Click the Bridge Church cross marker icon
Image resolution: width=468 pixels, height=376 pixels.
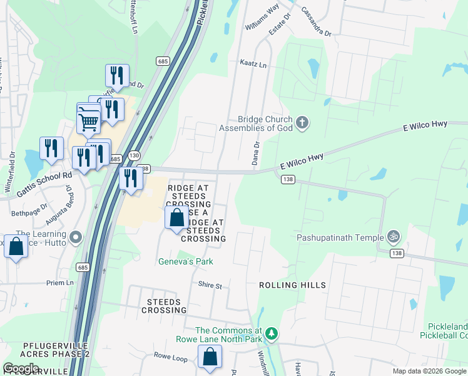(x=302, y=123)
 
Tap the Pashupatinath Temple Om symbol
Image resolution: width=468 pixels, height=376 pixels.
(x=394, y=238)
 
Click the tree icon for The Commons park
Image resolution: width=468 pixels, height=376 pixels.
(x=271, y=332)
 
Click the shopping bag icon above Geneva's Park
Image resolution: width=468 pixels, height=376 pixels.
(x=176, y=218)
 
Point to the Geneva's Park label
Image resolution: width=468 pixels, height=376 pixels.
(x=185, y=261)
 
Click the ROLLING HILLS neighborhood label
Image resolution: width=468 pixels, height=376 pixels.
(x=293, y=285)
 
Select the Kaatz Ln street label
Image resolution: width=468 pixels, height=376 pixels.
(x=253, y=64)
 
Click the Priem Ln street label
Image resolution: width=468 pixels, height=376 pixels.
(x=60, y=283)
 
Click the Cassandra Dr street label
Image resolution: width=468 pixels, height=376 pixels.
(x=315, y=21)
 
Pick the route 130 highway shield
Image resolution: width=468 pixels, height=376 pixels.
(x=134, y=155)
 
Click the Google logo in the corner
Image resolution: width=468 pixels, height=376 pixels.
(x=21, y=368)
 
